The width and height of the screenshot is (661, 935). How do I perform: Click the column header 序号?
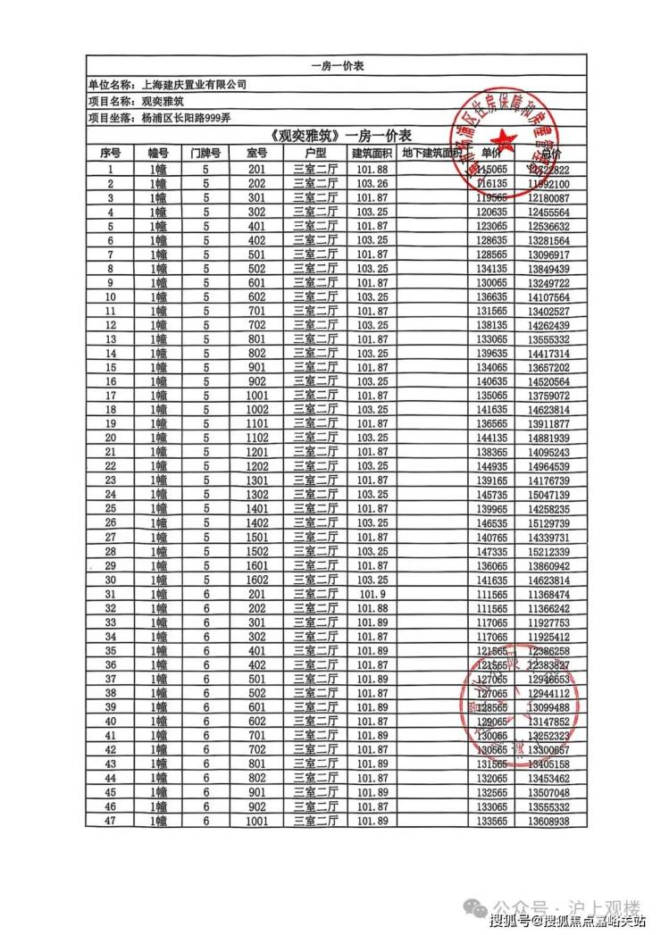(x=111, y=154)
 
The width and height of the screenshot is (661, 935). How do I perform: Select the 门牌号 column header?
(x=205, y=154)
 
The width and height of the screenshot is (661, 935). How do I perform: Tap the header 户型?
(x=315, y=154)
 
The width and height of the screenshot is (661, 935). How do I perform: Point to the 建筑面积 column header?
(x=372, y=154)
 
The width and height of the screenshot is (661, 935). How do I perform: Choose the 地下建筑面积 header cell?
(x=431, y=154)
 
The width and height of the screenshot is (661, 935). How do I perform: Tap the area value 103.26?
(x=372, y=183)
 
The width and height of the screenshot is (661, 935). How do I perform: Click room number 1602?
(x=257, y=580)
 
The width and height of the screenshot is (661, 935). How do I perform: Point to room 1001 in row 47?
(x=257, y=822)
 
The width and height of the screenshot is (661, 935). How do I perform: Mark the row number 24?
(x=111, y=495)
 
